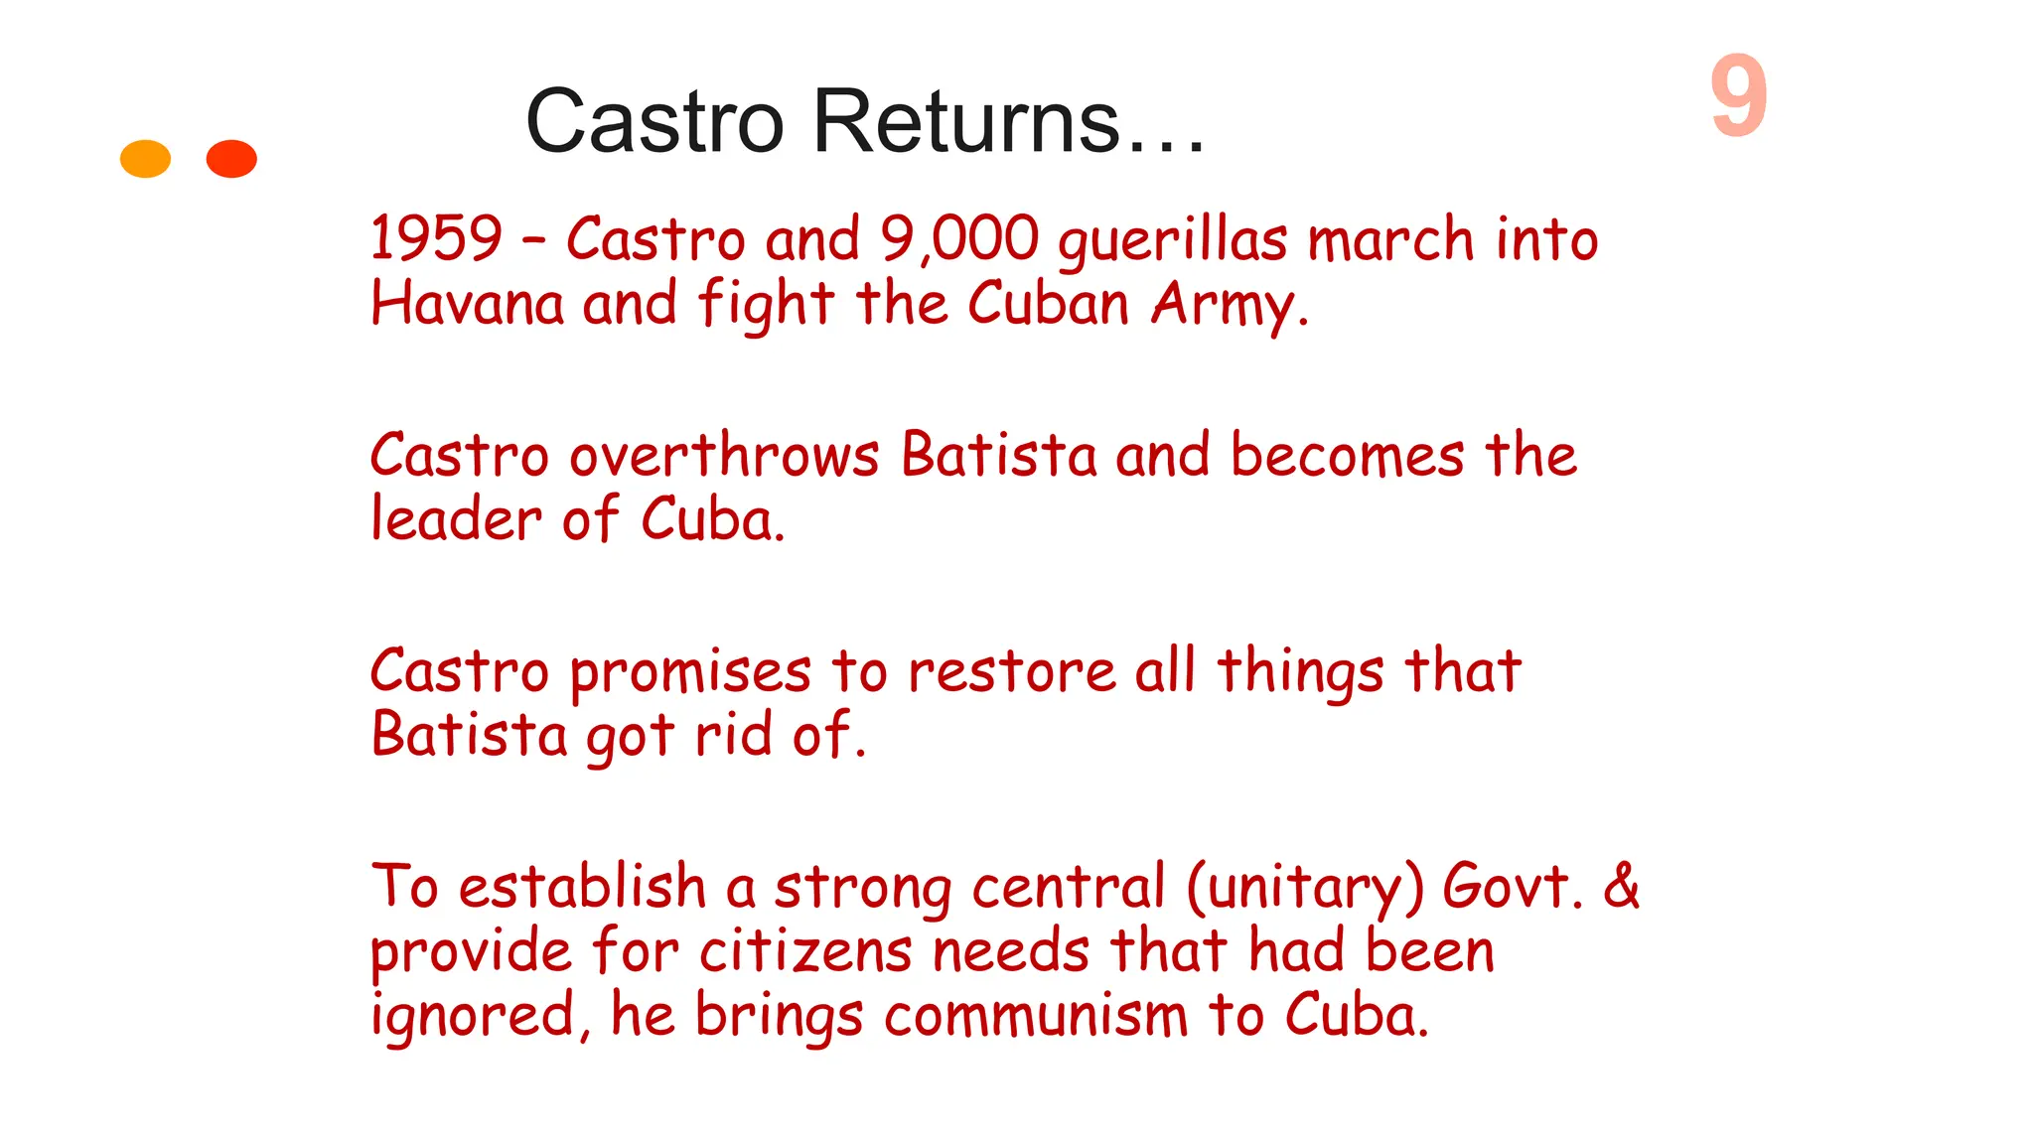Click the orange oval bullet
tap(145, 159)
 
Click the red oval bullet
tap(231, 159)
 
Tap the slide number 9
tap(1738, 96)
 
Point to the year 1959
tap(436, 239)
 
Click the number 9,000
tap(959, 239)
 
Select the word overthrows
tap(724, 456)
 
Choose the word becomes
tap(1347, 457)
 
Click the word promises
tap(690, 673)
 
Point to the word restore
tap(1012, 672)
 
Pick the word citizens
tap(805, 950)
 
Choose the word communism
tap(1035, 1015)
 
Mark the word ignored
tap(474, 1017)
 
